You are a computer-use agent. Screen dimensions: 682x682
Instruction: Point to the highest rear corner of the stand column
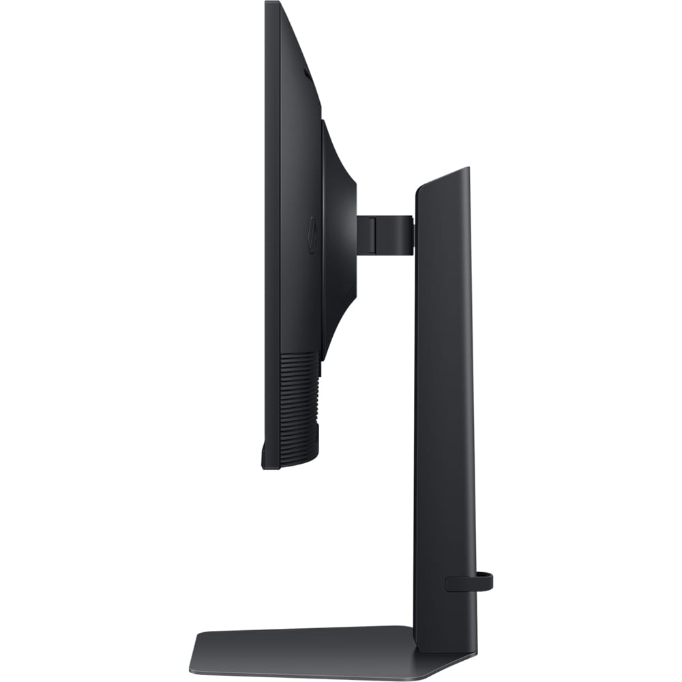click(x=467, y=168)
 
